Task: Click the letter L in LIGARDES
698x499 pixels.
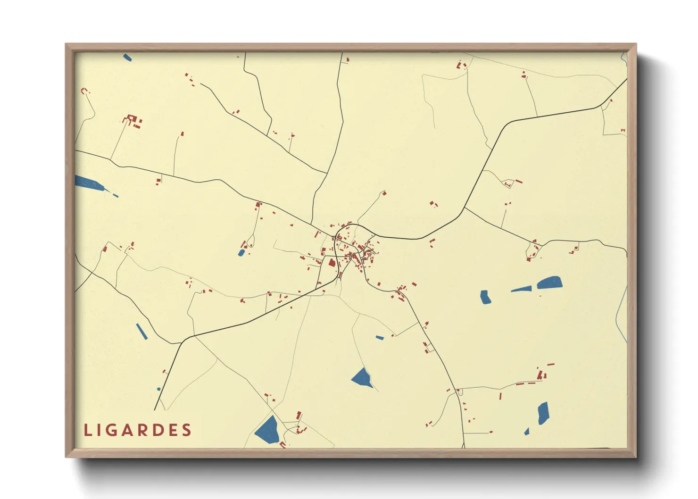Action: (x=88, y=430)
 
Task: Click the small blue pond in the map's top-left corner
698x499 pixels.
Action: (x=127, y=58)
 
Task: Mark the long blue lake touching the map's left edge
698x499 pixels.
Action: (x=89, y=183)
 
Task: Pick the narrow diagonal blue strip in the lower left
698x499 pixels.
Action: (x=141, y=331)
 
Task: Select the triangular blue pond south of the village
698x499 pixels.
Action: (x=362, y=378)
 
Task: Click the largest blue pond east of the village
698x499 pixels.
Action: (x=549, y=283)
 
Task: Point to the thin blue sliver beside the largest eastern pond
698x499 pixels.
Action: (x=522, y=289)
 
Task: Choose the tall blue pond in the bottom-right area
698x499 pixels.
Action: (x=543, y=413)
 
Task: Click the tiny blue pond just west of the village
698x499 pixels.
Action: (x=241, y=253)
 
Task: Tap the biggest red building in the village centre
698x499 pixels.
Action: (x=332, y=263)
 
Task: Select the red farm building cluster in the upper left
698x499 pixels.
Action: (x=133, y=121)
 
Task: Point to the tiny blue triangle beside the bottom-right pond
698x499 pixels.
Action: (x=527, y=432)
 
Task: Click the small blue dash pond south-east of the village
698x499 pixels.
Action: (x=380, y=337)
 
